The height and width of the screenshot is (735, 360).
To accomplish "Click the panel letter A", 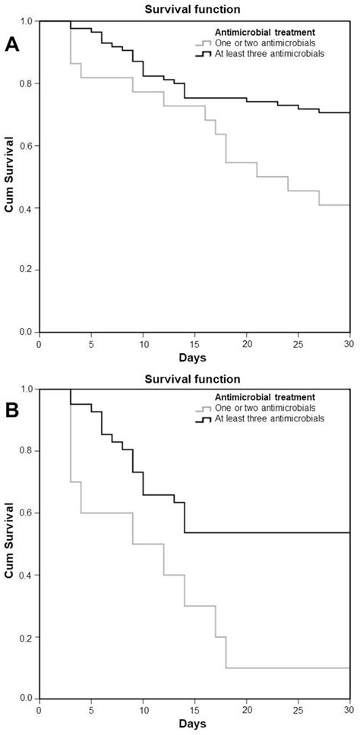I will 12,44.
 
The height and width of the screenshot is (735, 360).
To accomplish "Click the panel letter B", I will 12,414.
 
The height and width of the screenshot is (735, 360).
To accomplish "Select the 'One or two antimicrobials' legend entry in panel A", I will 259,43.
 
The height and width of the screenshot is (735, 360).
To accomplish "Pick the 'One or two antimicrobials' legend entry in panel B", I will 259,407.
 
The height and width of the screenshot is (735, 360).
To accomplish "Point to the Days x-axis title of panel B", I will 193,725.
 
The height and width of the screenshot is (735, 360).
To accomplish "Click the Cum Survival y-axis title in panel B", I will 8,544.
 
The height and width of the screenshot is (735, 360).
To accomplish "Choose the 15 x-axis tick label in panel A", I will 194,342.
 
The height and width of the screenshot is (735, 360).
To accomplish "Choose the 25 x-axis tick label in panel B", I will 298,711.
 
